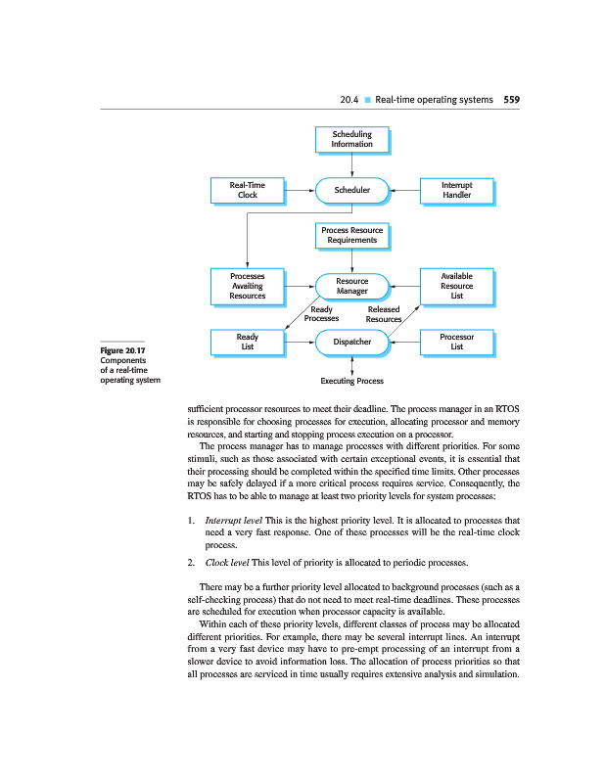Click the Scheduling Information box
click(351, 139)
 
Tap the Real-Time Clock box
click(248, 190)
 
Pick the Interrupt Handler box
click(455, 190)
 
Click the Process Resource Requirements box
click(351, 236)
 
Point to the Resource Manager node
click(351, 286)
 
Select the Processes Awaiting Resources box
click(248, 286)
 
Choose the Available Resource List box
click(455, 286)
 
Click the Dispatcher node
click(351, 343)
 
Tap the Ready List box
click(248, 343)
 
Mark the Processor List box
click(455, 343)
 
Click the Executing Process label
click(351, 380)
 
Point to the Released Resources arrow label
click(383, 314)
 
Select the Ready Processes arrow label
click(321, 314)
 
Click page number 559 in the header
click(511, 100)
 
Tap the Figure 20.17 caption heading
click(122, 350)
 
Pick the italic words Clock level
click(227, 563)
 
